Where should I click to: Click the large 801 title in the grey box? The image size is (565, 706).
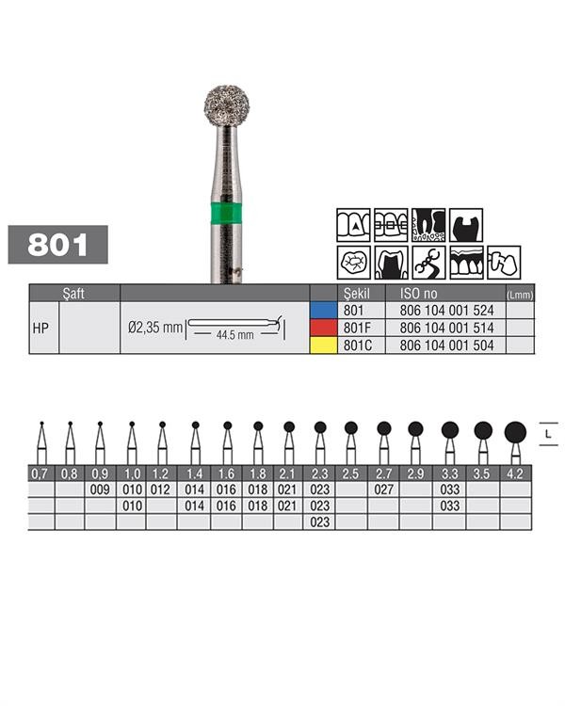(57, 245)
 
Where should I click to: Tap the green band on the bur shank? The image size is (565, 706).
(226, 213)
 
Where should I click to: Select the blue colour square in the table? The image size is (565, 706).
(324, 311)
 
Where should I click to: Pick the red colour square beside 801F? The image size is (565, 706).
(324, 328)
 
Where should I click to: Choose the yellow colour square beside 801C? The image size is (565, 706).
(324, 345)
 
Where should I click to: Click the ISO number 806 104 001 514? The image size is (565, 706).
(446, 328)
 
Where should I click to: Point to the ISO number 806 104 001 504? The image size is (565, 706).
(446, 345)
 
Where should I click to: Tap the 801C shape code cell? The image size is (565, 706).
(358, 345)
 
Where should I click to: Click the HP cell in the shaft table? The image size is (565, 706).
(40, 329)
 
